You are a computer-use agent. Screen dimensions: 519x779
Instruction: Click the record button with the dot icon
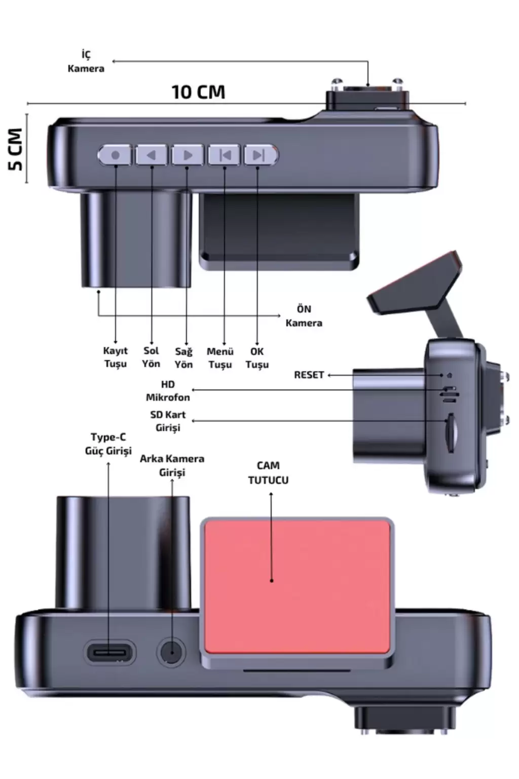(115, 155)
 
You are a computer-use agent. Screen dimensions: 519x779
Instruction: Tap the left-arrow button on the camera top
(152, 155)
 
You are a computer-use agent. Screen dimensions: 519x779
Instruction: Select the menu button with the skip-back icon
(224, 155)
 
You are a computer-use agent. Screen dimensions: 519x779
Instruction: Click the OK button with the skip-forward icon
(261, 155)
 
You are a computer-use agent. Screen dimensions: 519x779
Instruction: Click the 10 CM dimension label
(199, 92)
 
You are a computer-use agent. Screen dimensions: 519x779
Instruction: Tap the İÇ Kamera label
(86, 61)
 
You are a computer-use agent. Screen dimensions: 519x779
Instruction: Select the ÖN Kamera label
(304, 316)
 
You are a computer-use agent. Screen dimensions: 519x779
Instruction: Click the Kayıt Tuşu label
(116, 357)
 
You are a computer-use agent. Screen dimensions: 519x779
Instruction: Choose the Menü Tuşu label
(220, 358)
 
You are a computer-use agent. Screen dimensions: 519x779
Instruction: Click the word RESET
(309, 375)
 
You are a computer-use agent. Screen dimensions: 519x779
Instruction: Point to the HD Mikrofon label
(168, 391)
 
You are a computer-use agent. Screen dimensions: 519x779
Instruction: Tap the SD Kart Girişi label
(168, 421)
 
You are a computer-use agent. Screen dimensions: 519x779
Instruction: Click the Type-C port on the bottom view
(110, 653)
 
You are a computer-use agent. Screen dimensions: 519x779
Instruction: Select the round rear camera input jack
(171, 652)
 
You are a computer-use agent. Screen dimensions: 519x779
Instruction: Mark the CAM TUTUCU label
(268, 473)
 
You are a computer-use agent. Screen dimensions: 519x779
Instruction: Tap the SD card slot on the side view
(451, 433)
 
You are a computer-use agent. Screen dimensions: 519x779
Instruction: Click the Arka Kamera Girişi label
(172, 466)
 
